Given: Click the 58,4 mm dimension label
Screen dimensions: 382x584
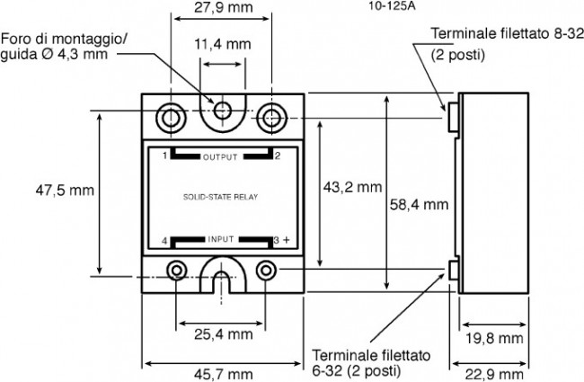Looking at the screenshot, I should click(419, 204).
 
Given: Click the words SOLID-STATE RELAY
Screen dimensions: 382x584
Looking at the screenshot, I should click(221, 194).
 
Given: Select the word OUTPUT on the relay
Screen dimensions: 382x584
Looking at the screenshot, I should click(220, 156).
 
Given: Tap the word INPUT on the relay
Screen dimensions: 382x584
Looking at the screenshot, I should click(220, 239).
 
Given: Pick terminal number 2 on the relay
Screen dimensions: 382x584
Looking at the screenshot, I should click(278, 155).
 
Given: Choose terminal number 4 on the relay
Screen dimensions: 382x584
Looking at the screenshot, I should click(164, 240).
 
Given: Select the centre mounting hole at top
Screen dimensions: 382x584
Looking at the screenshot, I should click(221, 111).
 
